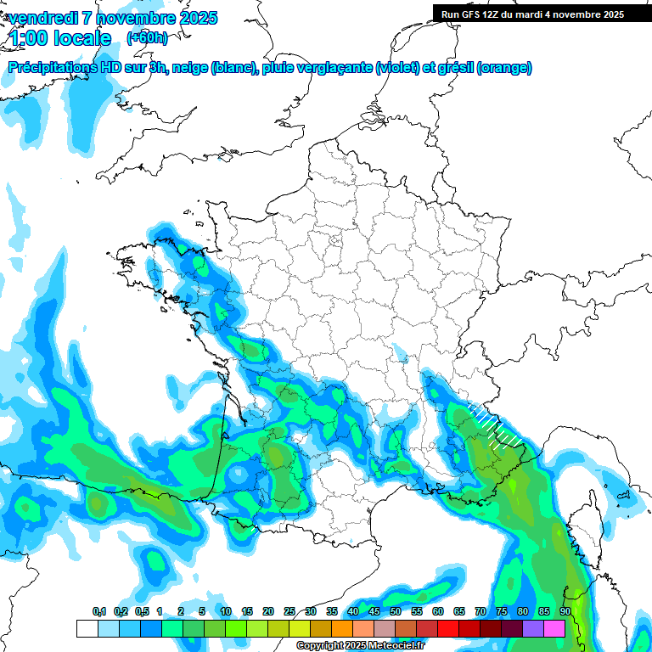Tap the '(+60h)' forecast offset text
[147, 38]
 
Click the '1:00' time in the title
[31, 38]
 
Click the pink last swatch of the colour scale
[555, 628]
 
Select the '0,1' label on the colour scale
[99, 611]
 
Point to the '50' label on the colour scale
[396, 611]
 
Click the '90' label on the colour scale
[565, 611]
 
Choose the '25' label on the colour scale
[289, 611]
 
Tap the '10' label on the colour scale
[226, 611]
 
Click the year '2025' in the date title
[194, 18]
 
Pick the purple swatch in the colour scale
[534, 628]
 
